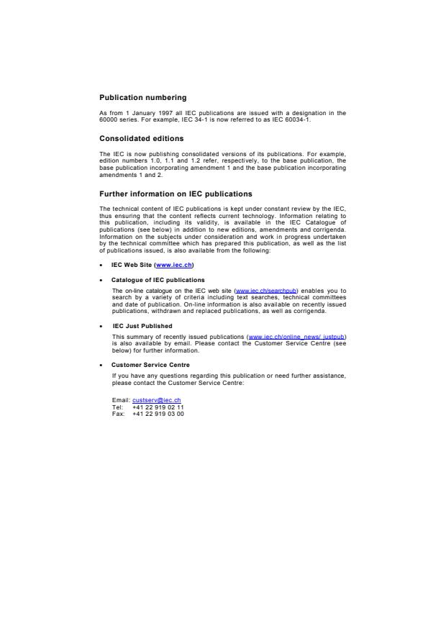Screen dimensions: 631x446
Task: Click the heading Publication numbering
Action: (x=142, y=97)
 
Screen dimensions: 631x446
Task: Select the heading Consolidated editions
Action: (x=141, y=138)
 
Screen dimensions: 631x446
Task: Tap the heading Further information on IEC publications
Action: (x=176, y=194)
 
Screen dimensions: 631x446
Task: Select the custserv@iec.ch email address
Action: (x=156, y=399)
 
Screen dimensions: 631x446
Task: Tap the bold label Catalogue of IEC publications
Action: (x=158, y=280)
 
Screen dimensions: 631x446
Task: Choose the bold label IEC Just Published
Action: (x=142, y=326)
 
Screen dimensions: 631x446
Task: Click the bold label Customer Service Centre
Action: (x=150, y=365)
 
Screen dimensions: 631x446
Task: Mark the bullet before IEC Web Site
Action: (x=101, y=265)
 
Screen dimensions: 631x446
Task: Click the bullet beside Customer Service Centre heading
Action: (x=101, y=366)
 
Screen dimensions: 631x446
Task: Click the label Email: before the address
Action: (x=121, y=399)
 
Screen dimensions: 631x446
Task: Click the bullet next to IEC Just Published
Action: (x=101, y=327)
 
